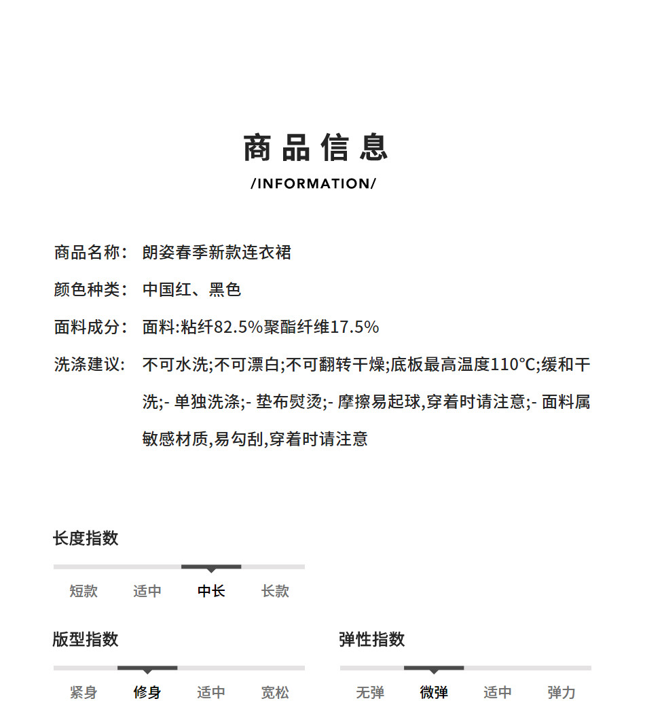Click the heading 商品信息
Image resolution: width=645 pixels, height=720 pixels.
point(316,148)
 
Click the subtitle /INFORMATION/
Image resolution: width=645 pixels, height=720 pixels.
point(313,183)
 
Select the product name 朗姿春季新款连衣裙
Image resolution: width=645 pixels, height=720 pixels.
point(217,253)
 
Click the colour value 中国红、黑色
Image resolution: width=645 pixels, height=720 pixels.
point(191,290)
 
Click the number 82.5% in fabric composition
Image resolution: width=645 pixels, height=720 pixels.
point(238,327)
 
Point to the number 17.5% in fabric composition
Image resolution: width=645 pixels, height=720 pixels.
point(354,327)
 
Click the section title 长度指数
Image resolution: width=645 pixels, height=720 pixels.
point(86,539)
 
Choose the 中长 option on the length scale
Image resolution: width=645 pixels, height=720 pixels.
point(211,591)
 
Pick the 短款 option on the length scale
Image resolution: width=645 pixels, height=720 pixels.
point(84,591)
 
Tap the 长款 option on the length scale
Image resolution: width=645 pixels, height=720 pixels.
point(275,591)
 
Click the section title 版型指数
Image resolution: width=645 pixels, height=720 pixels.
point(86,639)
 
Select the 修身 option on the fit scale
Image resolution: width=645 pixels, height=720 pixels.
point(147,692)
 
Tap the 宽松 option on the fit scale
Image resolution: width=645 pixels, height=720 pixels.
point(275,692)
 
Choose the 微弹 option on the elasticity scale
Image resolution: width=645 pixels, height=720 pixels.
point(434,692)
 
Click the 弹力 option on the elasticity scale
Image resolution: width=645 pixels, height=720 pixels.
point(561,692)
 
